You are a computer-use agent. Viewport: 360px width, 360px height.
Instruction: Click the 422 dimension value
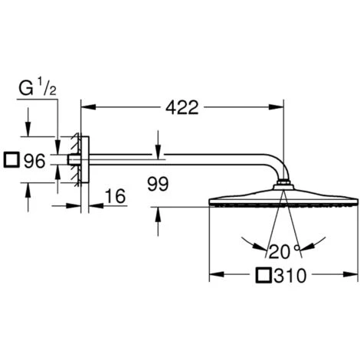(x=182, y=107)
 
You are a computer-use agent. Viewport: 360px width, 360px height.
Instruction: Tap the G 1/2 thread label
(x=38, y=87)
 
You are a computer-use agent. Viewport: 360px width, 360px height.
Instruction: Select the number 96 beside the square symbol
(x=34, y=161)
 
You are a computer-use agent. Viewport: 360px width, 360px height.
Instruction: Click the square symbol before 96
(x=11, y=160)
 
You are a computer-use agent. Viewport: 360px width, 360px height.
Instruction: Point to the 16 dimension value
(x=116, y=196)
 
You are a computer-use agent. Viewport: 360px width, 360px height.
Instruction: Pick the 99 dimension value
(x=158, y=184)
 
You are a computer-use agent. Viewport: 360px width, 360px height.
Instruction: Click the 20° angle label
(x=283, y=251)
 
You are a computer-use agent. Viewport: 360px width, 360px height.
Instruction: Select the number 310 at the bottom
(x=290, y=276)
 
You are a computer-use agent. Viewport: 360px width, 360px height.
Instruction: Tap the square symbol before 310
(x=263, y=275)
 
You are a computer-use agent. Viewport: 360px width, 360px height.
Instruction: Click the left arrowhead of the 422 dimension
(x=88, y=107)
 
